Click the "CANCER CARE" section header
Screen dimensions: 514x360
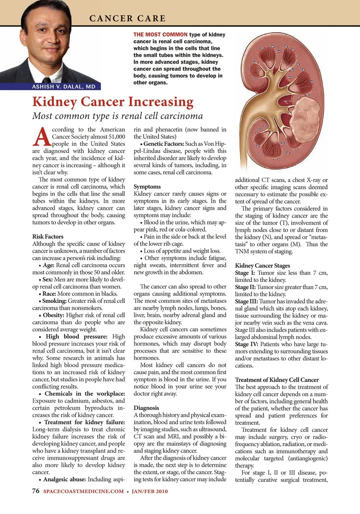coord(127,18)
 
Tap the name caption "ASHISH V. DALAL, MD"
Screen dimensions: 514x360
coord(64,87)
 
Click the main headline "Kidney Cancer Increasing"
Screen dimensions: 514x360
coord(113,102)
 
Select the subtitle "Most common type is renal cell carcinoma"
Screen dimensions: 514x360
coord(117,116)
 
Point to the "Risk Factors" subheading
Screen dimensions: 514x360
coord(48,237)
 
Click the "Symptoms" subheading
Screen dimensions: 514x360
coord(147,187)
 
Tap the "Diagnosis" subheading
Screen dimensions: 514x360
coord(146,408)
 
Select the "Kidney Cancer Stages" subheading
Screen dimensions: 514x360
coord(262,265)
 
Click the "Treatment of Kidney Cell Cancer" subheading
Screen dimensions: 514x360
coord(277,380)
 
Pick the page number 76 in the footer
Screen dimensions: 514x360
coord(36,491)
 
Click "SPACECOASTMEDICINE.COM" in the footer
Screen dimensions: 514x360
coord(83,492)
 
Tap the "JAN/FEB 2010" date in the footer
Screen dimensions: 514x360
coord(150,492)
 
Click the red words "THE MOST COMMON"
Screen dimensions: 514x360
coord(160,34)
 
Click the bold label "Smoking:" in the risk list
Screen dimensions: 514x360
coord(54,301)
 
